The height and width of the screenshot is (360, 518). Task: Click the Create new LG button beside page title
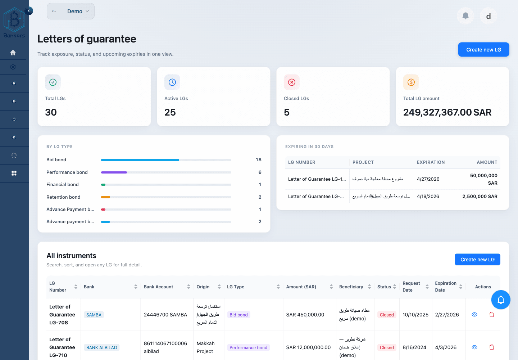pyautogui.click(x=483, y=50)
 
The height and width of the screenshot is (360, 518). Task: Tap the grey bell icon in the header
pyautogui.click(x=465, y=16)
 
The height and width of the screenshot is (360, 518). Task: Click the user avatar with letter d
pyautogui.click(x=488, y=16)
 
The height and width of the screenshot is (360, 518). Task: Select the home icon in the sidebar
pyautogui.click(x=13, y=53)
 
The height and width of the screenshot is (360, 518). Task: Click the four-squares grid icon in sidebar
pyautogui.click(x=14, y=173)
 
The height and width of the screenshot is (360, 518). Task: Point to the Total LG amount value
pyautogui.click(x=447, y=112)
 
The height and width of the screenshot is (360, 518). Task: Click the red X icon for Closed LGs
pyautogui.click(x=292, y=82)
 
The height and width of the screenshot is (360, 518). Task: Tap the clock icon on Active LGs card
pyautogui.click(x=172, y=82)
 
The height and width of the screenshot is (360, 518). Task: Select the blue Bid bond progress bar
pyautogui.click(x=140, y=160)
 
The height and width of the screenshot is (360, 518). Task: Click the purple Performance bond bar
pyautogui.click(x=114, y=172)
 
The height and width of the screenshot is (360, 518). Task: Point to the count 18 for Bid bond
pyautogui.click(x=258, y=160)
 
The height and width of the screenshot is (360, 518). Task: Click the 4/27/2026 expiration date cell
pyautogui.click(x=428, y=179)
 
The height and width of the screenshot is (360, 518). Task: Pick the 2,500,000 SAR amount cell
pyautogui.click(x=480, y=197)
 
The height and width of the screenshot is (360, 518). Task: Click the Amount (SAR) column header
pyautogui.click(x=301, y=287)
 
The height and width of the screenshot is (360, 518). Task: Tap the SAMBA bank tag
pyautogui.click(x=94, y=315)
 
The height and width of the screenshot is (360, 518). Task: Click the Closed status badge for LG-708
pyautogui.click(x=387, y=315)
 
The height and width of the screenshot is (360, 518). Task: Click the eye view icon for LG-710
pyautogui.click(x=474, y=347)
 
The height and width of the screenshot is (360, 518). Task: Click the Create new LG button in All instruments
pyautogui.click(x=477, y=260)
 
